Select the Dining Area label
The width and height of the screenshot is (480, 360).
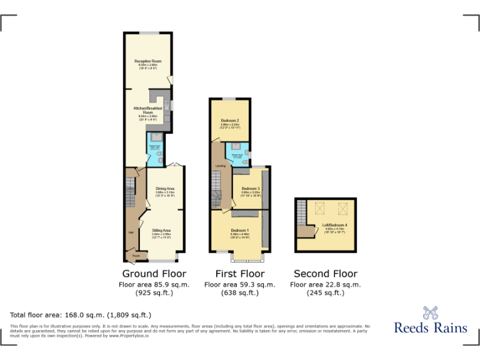click(x=165, y=188)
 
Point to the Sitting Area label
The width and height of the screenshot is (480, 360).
click(x=161, y=231)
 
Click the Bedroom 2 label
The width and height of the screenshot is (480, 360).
click(x=230, y=120)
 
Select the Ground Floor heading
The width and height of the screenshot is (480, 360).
click(x=154, y=274)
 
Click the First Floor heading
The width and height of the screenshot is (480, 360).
click(x=240, y=274)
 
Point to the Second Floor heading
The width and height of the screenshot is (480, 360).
click(x=326, y=274)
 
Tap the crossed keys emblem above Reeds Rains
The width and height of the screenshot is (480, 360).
click(x=431, y=312)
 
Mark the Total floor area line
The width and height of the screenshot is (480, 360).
click(x=81, y=314)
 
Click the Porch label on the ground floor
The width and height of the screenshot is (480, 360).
click(x=136, y=256)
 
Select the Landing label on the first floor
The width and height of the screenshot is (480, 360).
click(x=220, y=166)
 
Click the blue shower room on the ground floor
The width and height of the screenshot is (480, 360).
click(x=154, y=150)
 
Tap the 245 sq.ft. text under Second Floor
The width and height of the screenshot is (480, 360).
click(x=326, y=292)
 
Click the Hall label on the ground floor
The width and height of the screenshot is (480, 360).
click(x=131, y=232)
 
